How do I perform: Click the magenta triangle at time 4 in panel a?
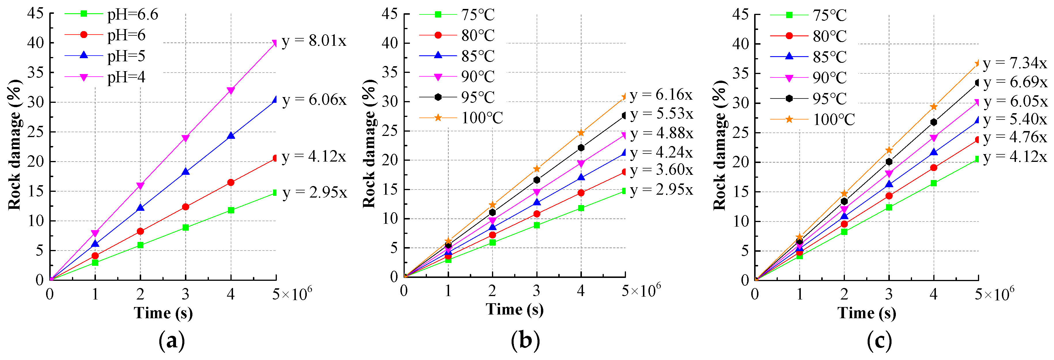point(231,91)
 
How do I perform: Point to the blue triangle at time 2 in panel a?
point(140,208)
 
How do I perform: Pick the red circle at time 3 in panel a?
point(185,207)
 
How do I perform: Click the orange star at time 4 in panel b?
point(581,133)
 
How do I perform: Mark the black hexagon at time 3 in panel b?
point(536,180)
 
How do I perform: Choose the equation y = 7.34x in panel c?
point(1015,63)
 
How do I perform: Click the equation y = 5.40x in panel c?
point(1015,119)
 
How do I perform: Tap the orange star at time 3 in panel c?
point(889,150)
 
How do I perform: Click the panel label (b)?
point(525,340)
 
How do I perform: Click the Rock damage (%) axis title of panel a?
point(15,145)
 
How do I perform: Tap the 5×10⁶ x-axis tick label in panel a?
point(292,293)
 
